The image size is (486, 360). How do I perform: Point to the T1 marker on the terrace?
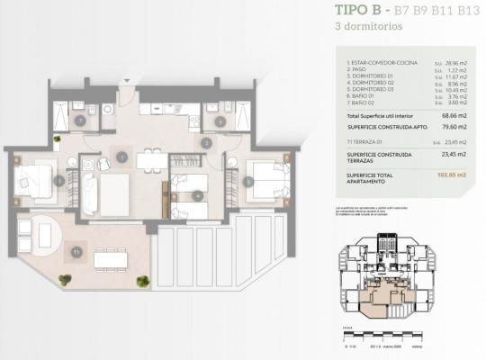coord(77,253)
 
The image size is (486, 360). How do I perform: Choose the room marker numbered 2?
coord(207,143)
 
